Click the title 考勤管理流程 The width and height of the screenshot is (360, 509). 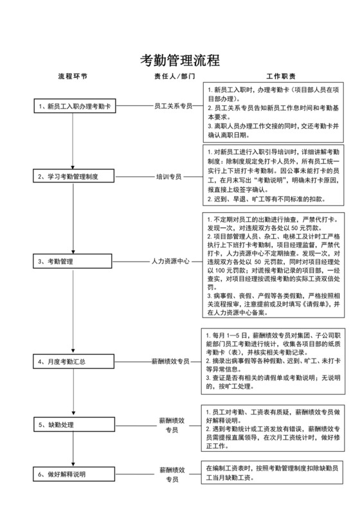(x=180, y=61)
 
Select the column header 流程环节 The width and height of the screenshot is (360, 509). (x=73, y=76)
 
